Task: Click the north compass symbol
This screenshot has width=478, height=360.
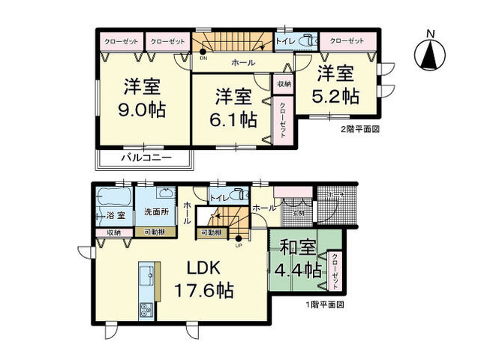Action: tap(429, 52)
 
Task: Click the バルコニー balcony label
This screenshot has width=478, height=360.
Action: tap(146, 158)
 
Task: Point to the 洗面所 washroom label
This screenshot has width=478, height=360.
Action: tap(155, 212)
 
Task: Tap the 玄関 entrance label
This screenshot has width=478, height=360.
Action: tap(298, 213)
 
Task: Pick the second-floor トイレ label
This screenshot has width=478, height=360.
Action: tap(285, 42)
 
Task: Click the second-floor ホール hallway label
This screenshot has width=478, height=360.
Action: tap(242, 62)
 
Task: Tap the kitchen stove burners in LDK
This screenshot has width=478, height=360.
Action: tap(144, 311)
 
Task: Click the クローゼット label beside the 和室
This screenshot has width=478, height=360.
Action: tap(335, 271)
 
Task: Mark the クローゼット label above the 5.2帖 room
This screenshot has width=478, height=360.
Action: tap(346, 40)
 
